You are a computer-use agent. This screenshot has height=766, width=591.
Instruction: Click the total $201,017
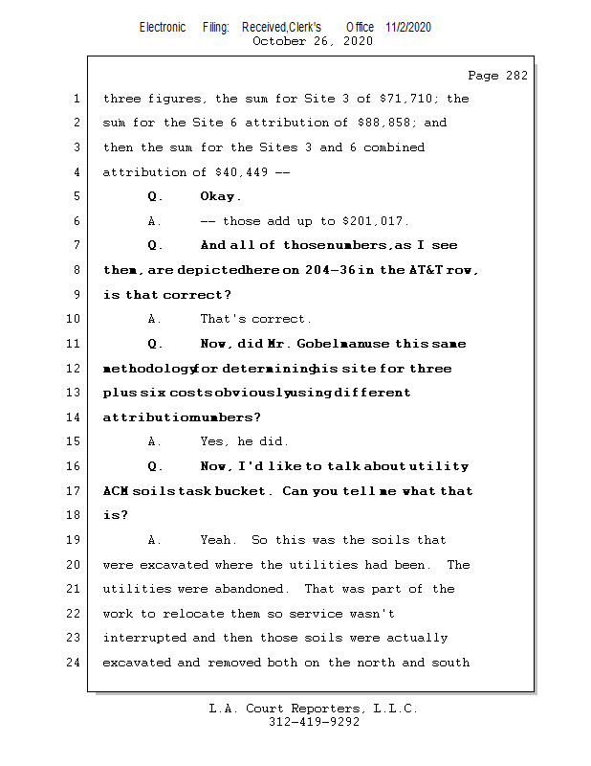(x=374, y=221)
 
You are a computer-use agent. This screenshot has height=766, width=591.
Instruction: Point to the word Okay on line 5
(x=220, y=196)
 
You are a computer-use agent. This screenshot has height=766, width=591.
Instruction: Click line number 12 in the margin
(x=76, y=369)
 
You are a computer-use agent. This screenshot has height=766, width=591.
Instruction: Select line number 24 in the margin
(x=76, y=663)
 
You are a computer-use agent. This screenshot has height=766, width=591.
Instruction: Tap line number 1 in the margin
(x=76, y=99)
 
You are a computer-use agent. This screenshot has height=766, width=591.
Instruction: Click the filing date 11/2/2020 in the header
(x=408, y=27)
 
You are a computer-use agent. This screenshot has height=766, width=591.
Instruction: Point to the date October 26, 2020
(x=313, y=41)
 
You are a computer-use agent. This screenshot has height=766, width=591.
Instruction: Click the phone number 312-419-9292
(x=314, y=723)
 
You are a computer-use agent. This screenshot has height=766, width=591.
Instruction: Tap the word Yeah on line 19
(x=219, y=540)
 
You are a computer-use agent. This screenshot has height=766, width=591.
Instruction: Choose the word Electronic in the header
(x=163, y=27)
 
